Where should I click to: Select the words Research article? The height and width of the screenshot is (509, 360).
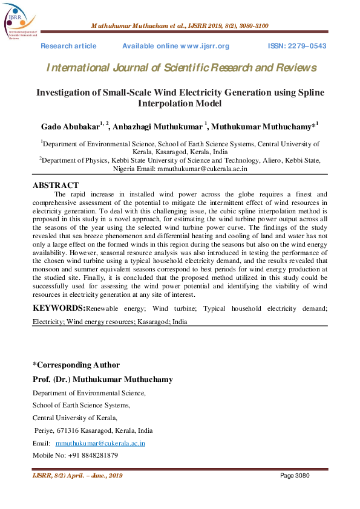coord(68,47)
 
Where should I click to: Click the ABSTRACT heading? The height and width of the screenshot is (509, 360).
coord(55,185)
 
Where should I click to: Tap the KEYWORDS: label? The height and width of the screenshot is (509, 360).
coord(59,309)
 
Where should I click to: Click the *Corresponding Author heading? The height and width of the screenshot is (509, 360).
coord(76,365)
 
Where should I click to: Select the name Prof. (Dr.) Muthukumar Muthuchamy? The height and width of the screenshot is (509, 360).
coord(102,380)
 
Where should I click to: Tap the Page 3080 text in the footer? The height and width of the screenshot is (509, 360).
coord(295,476)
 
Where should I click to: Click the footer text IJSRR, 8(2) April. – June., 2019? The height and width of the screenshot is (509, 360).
coord(77,476)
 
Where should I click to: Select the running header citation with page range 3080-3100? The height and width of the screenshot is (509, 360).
coord(180,26)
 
